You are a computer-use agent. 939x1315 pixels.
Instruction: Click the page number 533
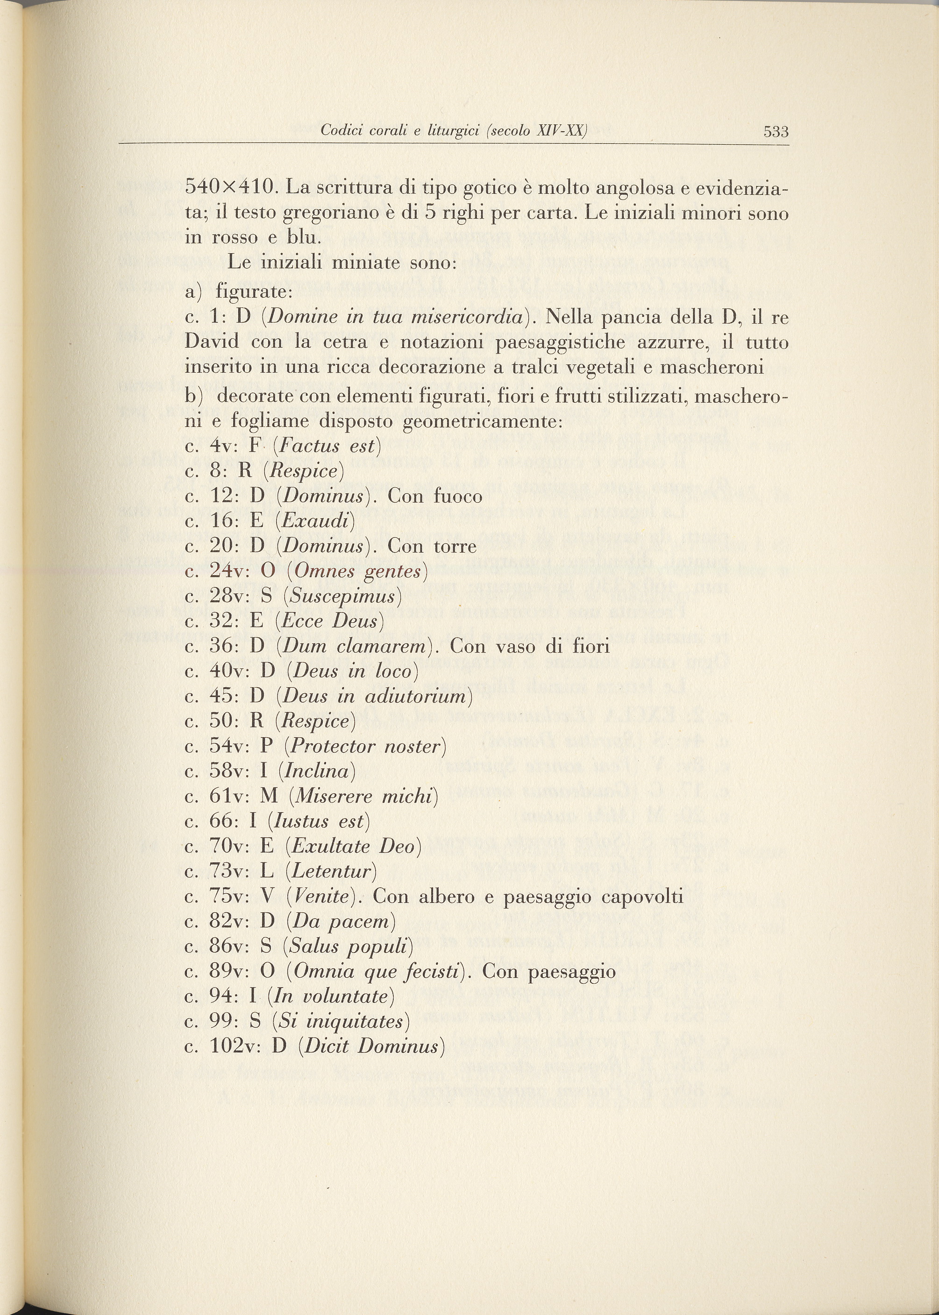click(x=775, y=132)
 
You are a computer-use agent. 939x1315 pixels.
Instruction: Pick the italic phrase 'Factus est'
click(x=327, y=446)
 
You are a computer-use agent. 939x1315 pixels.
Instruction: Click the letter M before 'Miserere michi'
click(x=270, y=796)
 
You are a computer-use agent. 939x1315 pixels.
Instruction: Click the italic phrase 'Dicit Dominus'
click(x=371, y=1046)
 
